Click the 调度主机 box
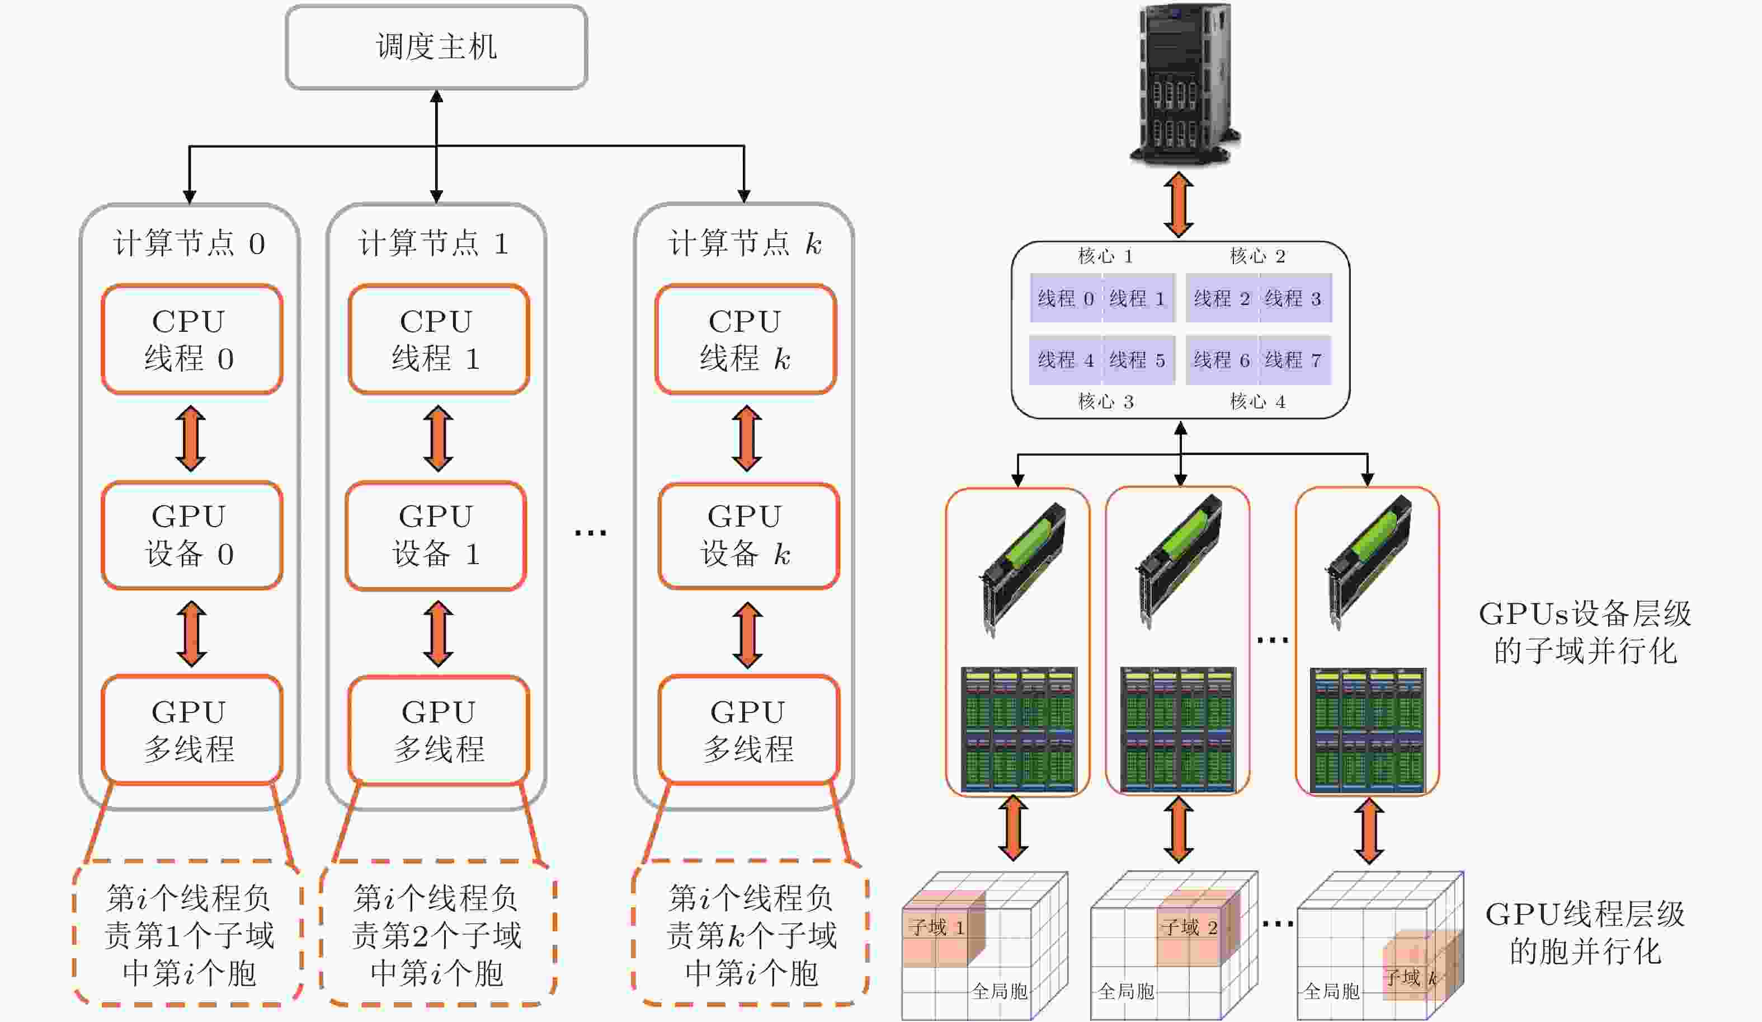coord(436,48)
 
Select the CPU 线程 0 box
coord(191,339)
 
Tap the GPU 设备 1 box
coord(436,536)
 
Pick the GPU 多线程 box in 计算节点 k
coord(748,730)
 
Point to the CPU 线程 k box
coord(745,339)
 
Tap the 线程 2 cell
coord(1222,299)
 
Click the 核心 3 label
coord(1105,401)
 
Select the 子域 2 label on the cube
coord(1189,927)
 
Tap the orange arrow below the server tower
coord(1179,204)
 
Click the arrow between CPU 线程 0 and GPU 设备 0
coord(191,439)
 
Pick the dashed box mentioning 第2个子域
coord(437,935)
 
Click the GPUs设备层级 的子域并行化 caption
coord(1584,632)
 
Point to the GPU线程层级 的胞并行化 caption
coord(1584,932)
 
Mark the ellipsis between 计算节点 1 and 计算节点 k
coord(590,533)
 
